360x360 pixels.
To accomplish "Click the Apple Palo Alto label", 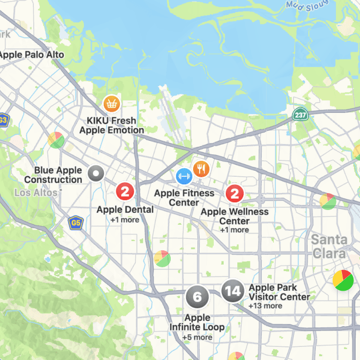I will [32, 55].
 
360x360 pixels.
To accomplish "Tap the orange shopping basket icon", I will [111, 103].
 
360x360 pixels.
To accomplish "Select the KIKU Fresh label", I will [111, 121].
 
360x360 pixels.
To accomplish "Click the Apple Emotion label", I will [111, 130].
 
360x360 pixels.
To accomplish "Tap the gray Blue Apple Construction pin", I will [95, 174].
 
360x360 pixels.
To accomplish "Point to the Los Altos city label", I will [35, 193].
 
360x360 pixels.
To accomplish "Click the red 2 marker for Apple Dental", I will [125, 191].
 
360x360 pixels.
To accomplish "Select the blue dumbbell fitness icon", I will [184, 176].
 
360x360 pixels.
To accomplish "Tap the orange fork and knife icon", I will [201, 169].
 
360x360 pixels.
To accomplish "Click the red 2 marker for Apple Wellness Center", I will [235, 193].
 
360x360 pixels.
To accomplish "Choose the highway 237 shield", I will [299, 115].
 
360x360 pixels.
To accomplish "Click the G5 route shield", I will [75, 222].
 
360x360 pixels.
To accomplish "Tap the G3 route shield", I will [3, 120].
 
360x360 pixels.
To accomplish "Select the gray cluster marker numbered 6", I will [197, 297].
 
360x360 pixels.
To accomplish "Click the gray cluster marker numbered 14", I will [233, 291].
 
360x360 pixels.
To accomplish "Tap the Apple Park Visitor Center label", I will [279, 292].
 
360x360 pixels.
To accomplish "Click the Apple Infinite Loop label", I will [197, 322].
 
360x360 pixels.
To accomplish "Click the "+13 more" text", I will [265, 306].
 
